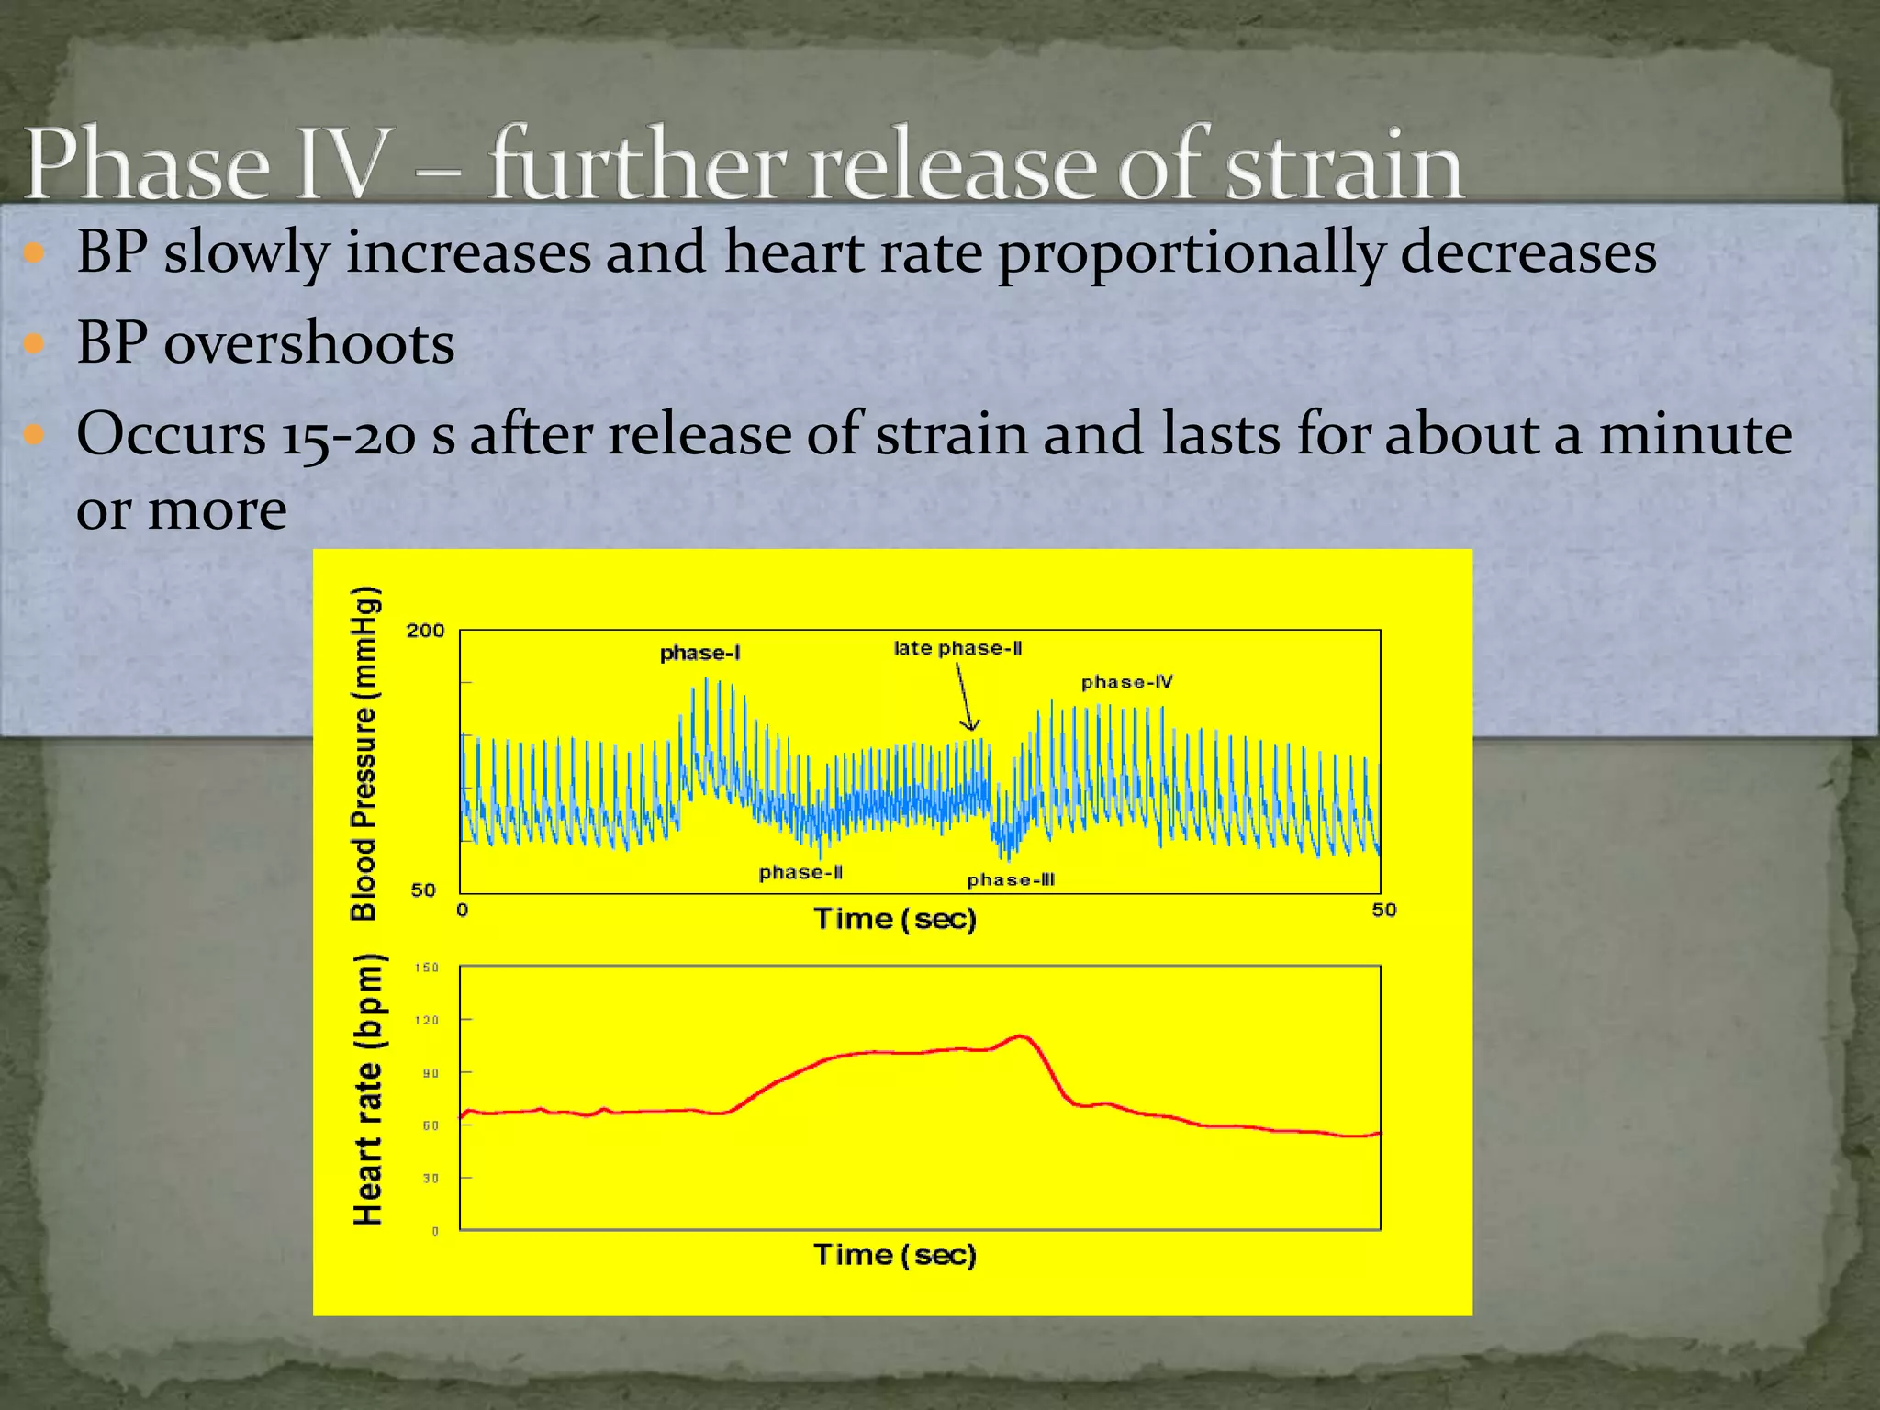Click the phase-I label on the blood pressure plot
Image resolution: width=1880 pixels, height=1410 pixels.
[699, 654]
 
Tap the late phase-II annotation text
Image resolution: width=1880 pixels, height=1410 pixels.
[957, 648]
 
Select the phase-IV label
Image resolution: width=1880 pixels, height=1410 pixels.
[1126, 682]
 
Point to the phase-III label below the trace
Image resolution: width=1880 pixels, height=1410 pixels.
[1011, 880]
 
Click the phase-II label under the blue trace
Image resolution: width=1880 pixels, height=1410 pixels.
[800, 873]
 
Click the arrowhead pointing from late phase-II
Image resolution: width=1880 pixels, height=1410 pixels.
[969, 726]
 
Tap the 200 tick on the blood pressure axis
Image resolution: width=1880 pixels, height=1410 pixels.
[425, 631]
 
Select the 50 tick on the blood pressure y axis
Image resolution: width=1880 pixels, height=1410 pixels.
[423, 890]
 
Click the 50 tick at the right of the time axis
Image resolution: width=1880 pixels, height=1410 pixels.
[1383, 910]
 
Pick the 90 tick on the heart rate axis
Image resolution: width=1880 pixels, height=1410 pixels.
[430, 1073]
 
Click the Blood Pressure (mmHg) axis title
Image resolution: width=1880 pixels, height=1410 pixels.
[364, 753]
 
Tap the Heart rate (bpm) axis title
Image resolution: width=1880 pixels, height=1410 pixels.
[367, 1090]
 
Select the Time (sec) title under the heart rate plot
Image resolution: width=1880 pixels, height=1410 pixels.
[895, 1255]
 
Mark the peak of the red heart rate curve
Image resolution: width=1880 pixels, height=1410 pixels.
[1021, 1036]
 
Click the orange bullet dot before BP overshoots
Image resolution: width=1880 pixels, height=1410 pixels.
[34, 344]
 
